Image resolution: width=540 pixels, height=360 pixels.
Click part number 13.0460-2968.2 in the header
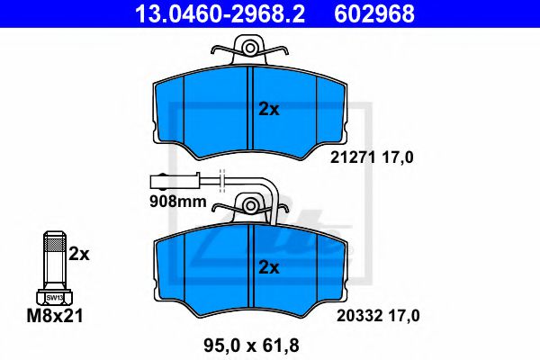(x=220, y=14)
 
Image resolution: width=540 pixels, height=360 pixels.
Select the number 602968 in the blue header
(x=374, y=14)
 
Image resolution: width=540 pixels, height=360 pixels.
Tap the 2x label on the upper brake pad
(x=269, y=109)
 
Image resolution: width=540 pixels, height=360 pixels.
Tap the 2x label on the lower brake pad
(x=269, y=267)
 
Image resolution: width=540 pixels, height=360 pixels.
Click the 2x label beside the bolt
(x=79, y=254)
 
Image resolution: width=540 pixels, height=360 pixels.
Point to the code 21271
(x=353, y=157)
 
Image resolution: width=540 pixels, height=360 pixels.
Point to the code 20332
(x=359, y=316)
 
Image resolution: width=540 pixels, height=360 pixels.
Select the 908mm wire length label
(x=177, y=202)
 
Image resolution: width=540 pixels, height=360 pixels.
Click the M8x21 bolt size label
(x=55, y=316)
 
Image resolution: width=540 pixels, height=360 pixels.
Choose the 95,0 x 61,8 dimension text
(x=251, y=346)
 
